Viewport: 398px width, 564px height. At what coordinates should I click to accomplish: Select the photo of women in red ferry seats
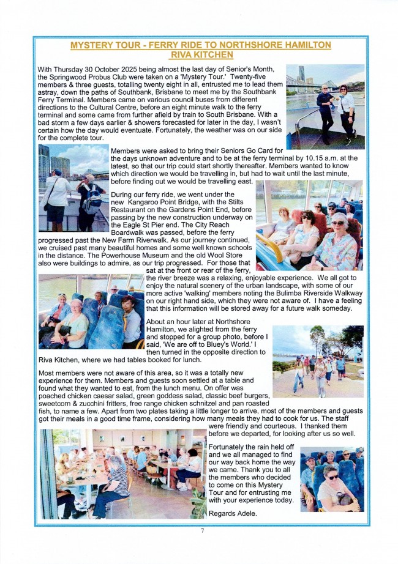(x=309, y=225)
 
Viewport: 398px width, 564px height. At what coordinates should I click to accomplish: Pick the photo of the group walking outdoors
(x=317, y=361)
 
